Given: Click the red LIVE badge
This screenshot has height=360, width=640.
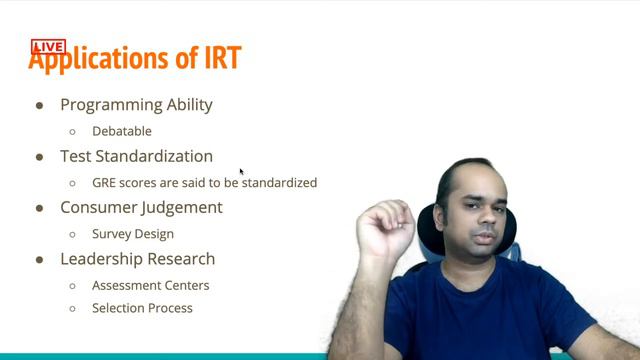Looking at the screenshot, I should click(48, 47).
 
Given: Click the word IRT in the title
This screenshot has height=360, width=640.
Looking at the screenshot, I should click(221, 58).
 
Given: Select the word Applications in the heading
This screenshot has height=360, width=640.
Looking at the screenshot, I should click(100, 60).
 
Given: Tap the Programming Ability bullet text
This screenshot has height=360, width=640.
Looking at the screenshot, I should click(136, 105).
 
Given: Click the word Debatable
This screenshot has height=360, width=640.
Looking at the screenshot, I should click(121, 131).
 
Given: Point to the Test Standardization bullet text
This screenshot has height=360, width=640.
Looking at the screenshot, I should click(136, 156).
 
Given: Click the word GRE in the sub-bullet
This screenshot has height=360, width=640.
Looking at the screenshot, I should click(104, 183).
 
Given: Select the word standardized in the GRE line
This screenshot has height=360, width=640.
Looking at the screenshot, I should click(279, 183).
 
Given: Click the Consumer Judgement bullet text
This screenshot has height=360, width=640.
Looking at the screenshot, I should click(141, 208).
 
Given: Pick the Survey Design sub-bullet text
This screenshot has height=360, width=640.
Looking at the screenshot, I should click(132, 234).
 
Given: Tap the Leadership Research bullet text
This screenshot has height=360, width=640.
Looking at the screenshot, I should click(137, 259).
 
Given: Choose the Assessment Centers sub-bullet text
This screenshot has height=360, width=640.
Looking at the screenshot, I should click(150, 285).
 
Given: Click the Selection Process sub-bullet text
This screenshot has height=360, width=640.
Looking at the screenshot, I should click(142, 308).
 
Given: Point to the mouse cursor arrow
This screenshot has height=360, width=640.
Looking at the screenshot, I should click(241, 172).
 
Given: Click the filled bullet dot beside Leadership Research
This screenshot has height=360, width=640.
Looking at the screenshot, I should click(40, 260).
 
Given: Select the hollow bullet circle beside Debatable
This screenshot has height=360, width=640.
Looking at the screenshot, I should click(73, 132).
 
